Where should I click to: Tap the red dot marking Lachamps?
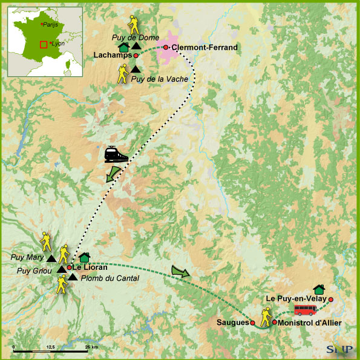tap(136, 56)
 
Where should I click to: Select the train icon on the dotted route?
tap(116, 154)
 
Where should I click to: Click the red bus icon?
tap(306, 310)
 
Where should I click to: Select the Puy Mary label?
tap(27, 257)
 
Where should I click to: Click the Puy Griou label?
tap(33, 270)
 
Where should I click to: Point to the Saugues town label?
tap(232, 322)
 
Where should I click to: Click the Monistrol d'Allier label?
tap(310, 322)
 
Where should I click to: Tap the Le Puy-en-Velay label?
tap(296, 298)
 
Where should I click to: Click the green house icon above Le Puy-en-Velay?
tap(336, 290)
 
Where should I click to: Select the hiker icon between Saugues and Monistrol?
tap(265, 317)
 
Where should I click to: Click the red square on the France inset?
tap(42, 44)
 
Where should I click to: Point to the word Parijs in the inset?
tap(50, 24)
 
